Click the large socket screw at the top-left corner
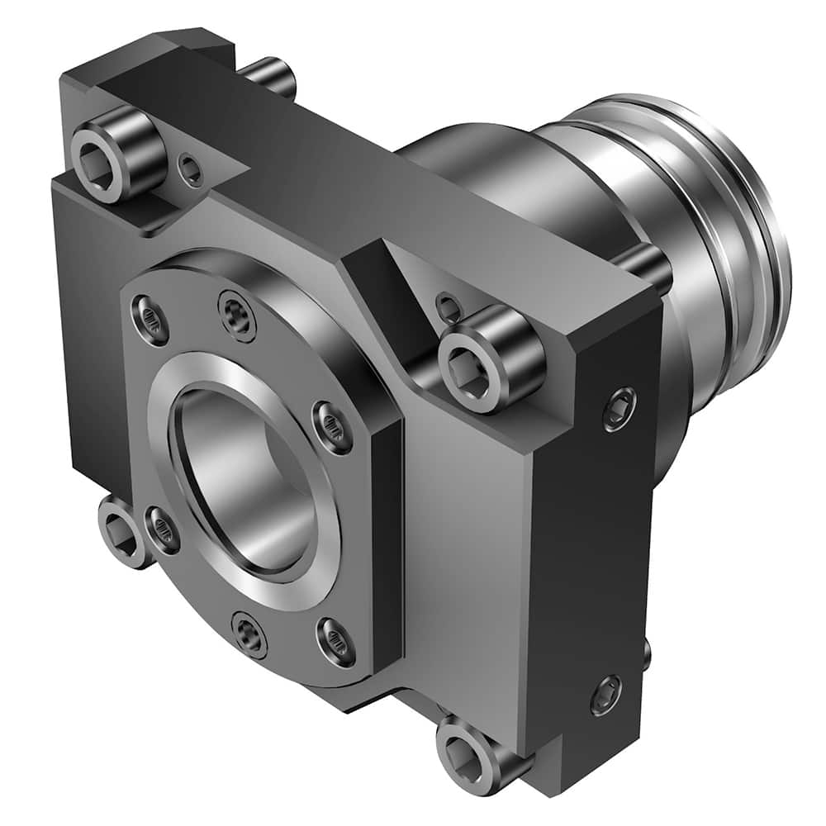(116, 153)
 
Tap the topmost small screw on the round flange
(237, 316)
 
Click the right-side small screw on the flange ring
(332, 427)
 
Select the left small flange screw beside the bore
(162, 529)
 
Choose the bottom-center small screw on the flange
(249, 634)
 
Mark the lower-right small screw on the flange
(336, 642)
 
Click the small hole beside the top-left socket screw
(191, 170)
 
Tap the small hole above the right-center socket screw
(449, 307)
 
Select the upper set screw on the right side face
(619, 408)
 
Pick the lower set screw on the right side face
(606, 695)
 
